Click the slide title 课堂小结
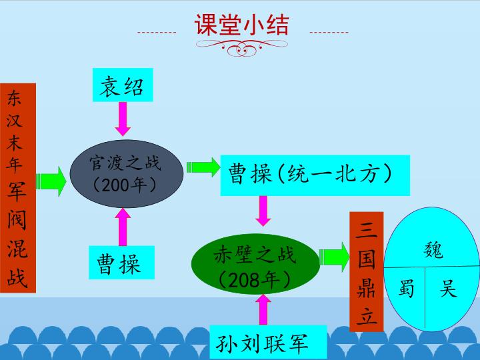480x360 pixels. [x=241, y=25]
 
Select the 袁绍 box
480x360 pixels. [x=123, y=85]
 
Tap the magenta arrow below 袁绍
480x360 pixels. [x=123, y=119]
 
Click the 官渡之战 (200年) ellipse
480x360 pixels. [x=127, y=173]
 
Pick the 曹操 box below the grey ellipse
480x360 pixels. [x=121, y=263]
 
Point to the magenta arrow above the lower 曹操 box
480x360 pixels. [x=123, y=227]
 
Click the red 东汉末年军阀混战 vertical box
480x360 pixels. [x=18, y=187]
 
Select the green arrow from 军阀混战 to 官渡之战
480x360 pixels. [x=51, y=181]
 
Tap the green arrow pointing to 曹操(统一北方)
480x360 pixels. [x=203, y=167]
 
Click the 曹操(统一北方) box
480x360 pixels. [x=315, y=175]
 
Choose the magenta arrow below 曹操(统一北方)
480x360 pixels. [x=263, y=211]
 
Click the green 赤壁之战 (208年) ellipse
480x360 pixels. [x=255, y=264]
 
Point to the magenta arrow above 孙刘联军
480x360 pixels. [x=263, y=309]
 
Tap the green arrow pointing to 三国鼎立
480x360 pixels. [x=334, y=257]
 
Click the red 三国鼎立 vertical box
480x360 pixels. [x=367, y=271]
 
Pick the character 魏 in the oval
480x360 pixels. [x=433, y=250]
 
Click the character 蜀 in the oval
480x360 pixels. [x=407, y=288]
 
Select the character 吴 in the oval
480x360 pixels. [x=448, y=288]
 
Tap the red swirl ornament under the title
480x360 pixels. [x=242, y=48]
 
